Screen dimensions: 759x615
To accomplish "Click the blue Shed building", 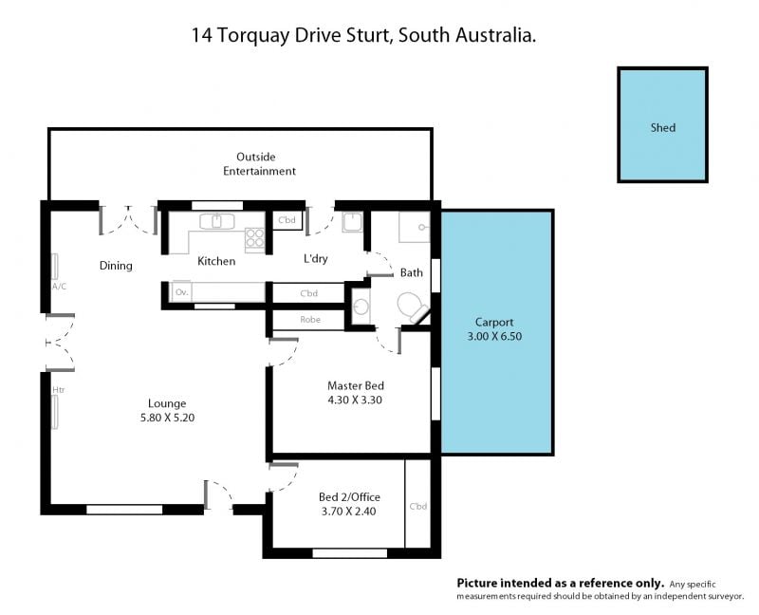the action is click(662, 124).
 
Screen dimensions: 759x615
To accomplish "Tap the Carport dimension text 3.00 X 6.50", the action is click(494, 336).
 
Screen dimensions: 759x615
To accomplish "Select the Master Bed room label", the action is click(356, 386).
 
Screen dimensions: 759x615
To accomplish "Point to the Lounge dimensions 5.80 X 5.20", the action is click(167, 418).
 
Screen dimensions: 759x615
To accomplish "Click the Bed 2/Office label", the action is click(349, 497).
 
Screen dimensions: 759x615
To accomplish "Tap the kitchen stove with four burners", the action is click(254, 238).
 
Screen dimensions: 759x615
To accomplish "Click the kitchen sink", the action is click(217, 222).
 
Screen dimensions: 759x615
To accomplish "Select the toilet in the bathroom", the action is click(412, 307).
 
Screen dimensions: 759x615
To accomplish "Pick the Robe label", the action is click(310, 320).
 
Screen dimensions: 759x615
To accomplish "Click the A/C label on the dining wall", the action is click(59, 287).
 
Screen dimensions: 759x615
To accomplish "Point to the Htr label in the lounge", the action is click(58, 390).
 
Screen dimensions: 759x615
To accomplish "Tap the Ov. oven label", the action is click(181, 292).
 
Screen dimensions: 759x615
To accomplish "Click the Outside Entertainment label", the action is click(259, 163).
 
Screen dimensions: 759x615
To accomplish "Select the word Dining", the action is click(116, 266).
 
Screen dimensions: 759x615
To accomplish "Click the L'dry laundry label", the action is click(316, 258).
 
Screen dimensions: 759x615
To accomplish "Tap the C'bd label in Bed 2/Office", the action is click(418, 507).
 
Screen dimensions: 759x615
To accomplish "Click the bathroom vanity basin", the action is click(361, 306).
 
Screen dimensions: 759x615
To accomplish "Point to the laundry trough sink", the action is click(352, 222).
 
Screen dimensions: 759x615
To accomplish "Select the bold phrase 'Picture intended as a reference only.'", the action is click(561, 583).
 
